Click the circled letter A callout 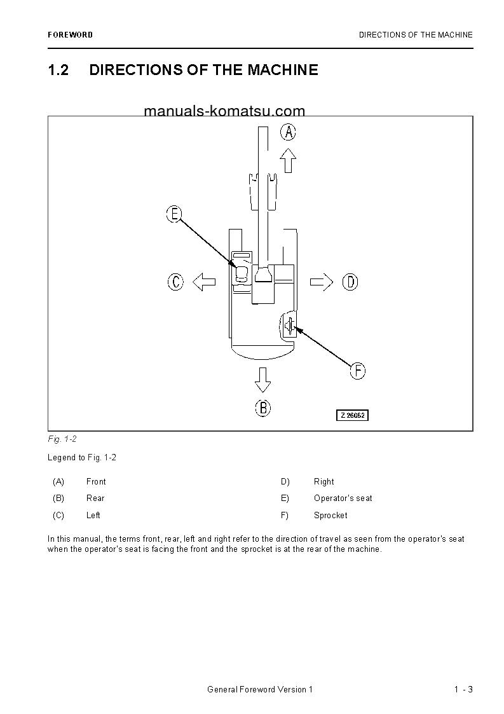289,132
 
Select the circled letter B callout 263,408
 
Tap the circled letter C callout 175,282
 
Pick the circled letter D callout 350,282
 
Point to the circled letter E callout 174,214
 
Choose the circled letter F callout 358,371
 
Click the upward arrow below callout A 289,160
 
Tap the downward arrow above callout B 262,379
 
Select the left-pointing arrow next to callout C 204,282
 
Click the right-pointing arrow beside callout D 322,282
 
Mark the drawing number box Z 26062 353,415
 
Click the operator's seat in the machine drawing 242,274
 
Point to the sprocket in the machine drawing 289,326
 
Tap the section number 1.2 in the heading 58,70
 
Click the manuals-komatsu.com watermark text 224,111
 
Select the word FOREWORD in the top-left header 70,35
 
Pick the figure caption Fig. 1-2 62,439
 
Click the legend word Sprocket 330,515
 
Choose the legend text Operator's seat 343,498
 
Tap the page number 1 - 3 463,690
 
